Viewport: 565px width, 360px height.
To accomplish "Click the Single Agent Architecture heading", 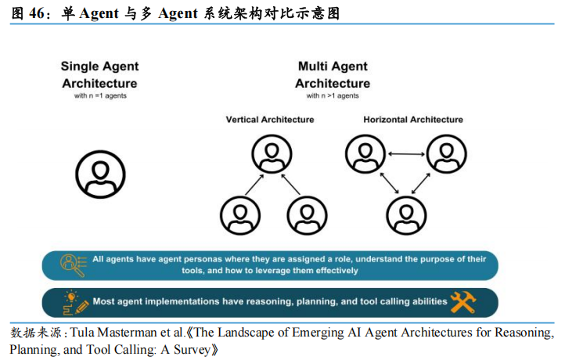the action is coord(100,74).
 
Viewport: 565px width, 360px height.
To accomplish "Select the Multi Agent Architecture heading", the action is coord(333,74).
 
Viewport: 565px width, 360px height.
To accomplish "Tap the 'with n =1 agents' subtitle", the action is coord(100,95).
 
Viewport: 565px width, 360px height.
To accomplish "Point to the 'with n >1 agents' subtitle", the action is coord(333,95).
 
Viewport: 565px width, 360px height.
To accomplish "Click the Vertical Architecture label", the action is coord(270,120).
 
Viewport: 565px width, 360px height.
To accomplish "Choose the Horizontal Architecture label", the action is coord(413,120).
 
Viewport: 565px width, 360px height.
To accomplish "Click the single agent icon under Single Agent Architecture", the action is coord(100,175).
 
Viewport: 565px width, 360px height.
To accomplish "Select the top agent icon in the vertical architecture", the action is coord(272,154).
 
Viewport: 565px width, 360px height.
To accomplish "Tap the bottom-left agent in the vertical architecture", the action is coord(240,215).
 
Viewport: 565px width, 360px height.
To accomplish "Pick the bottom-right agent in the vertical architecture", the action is coord(307,215).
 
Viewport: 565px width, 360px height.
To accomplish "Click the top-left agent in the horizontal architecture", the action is coord(365,154).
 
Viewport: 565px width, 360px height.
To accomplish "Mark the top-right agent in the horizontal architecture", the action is coord(447,154).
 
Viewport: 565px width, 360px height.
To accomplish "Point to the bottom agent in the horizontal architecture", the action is coord(406,215).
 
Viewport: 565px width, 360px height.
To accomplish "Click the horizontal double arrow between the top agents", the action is coord(406,154).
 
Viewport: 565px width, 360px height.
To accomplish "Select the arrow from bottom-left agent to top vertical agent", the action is coord(255,185).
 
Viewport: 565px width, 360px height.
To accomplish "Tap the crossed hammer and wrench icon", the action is coord(463,302).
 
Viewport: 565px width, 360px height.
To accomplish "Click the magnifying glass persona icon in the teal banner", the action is coord(74,265).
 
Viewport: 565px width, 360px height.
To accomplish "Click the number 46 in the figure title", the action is coord(37,13).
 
